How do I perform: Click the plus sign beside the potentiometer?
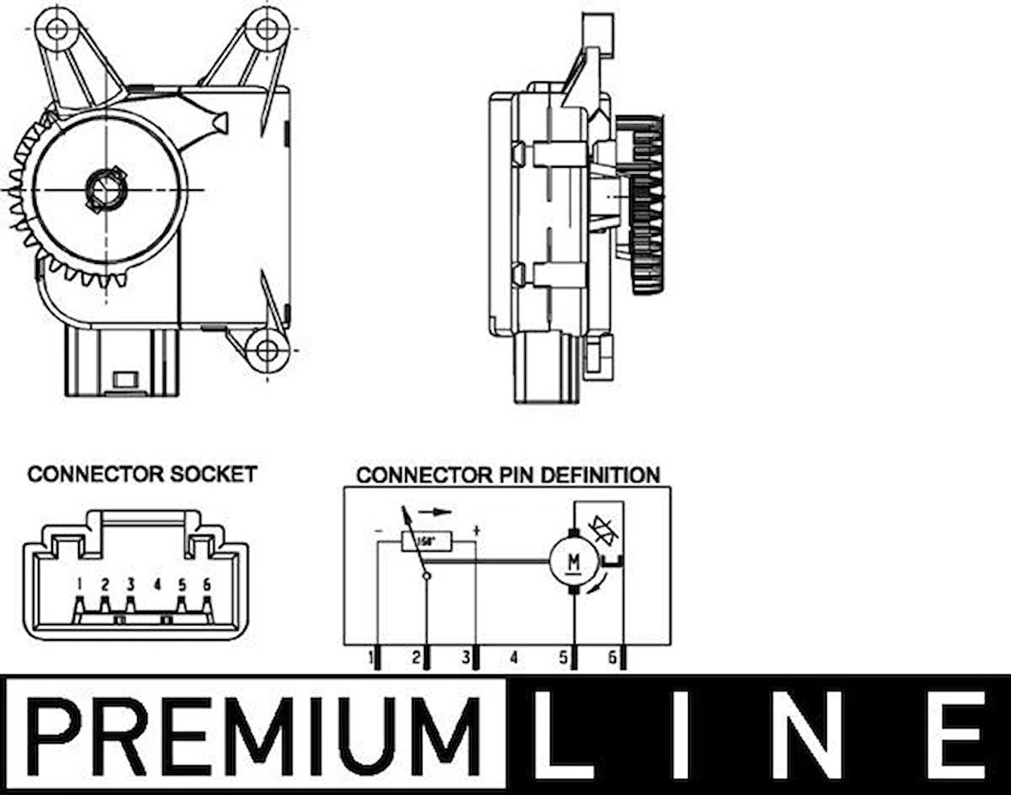coord(476,530)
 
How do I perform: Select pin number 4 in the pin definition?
coord(513,658)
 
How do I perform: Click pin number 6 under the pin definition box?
coord(612,658)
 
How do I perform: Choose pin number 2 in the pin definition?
coord(416,658)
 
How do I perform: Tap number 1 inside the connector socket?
coord(79,585)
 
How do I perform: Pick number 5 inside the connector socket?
coord(182,585)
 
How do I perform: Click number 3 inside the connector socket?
coord(130,585)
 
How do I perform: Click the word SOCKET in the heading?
coord(213,474)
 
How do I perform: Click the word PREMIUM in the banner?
coord(254,735)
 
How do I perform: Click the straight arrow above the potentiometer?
coord(436,511)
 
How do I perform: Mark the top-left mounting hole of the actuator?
coord(57,28)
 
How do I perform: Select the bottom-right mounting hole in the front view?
coord(267,350)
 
